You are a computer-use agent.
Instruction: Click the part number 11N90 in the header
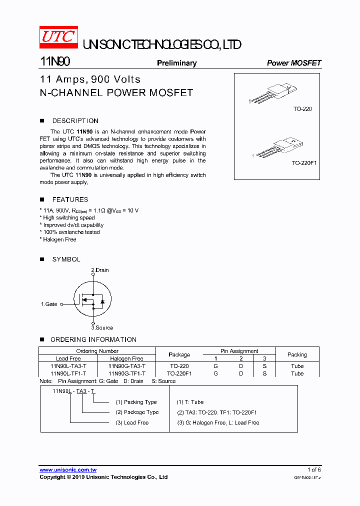(55, 62)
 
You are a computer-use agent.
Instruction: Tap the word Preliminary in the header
(176, 63)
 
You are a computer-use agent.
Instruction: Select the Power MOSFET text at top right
(293, 63)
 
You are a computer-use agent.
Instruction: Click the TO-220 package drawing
(273, 94)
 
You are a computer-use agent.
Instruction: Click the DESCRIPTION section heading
(75, 121)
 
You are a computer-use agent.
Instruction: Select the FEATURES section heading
(70, 199)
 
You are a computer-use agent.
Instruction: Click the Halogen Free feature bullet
(58, 239)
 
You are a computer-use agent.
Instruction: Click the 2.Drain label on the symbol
(99, 270)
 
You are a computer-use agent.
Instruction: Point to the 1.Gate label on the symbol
(49, 304)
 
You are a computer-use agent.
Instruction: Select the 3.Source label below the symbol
(102, 327)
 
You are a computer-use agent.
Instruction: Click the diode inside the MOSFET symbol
(102, 301)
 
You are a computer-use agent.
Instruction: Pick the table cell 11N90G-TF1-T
(126, 373)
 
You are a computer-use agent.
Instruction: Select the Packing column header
(297, 354)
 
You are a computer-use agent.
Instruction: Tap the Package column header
(179, 354)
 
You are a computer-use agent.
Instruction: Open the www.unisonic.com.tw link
(68, 469)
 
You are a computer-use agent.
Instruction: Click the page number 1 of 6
(314, 469)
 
